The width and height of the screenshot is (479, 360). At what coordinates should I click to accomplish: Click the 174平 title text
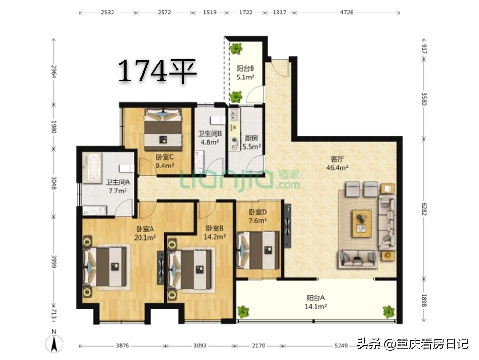pyautogui.click(x=157, y=71)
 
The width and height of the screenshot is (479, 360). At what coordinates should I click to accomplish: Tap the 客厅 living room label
pyautogui.click(x=337, y=159)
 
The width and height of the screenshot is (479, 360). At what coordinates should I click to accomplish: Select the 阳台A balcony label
pyautogui.click(x=315, y=297)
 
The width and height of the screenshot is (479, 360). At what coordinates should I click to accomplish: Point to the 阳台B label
pyautogui.click(x=245, y=69)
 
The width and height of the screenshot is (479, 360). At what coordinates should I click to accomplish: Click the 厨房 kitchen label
pyautogui.click(x=252, y=139)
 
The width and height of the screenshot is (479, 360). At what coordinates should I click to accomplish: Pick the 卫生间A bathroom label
pyautogui.click(x=118, y=182)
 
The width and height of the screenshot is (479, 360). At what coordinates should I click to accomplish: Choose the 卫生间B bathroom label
pyautogui.click(x=210, y=134)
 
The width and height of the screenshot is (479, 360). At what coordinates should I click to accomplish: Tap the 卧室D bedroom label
pyautogui.click(x=258, y=212)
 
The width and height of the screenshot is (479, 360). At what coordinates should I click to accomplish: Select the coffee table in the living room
pyautogui.click(x=362, y=223)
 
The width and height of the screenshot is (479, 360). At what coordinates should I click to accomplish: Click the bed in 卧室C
pyautogui.click(x=163, y=129)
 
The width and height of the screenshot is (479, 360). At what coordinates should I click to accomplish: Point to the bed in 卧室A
pyautogui.click(x=105, y=267)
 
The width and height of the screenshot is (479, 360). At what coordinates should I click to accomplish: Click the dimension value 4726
pyautogui.click(x=346, y=13)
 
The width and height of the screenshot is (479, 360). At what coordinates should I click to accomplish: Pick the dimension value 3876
pyautogui.click(x=122, y=346)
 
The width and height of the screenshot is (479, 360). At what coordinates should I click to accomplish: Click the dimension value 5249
pyautogui.click(x=341, y=346)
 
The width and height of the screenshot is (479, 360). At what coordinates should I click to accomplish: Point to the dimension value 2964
pyautogui.click(x=54, y=72)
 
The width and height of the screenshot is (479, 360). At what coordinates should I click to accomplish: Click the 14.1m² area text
pyautogui.click(x=315, y=306)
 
